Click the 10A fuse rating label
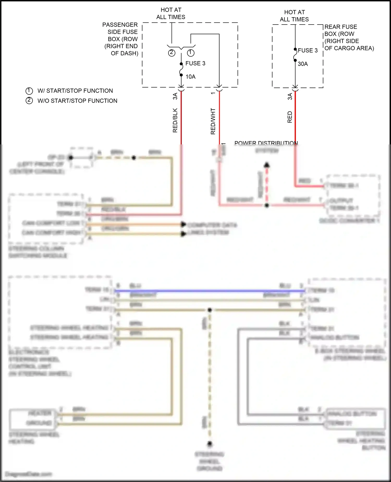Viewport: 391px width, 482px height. [x=190, y=77]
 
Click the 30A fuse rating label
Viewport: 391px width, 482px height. [x=303, y=64]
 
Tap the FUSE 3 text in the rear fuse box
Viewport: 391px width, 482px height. [x=308, y=50]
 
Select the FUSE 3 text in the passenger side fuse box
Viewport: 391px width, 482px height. [x=195, y=63]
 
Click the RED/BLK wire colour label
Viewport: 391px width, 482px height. [x=175, y=120]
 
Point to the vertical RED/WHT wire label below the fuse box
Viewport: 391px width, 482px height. [x=213, y=121]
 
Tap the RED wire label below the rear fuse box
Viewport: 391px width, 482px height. [x=290, y=117]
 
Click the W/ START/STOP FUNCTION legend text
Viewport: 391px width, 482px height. [x=75, y=91]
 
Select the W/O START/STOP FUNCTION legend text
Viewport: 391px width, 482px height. [x=77, y=101]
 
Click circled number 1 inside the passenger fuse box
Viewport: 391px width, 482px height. [x=191, y=53]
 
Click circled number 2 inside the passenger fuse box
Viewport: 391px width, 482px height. [x=172, y=53]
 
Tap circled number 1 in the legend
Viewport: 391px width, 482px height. [x=29, y=91]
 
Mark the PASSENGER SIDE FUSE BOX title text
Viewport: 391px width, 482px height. [x=121, y=39]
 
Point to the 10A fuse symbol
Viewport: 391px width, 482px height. [x=181, y=69]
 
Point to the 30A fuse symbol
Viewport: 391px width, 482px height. [x=295, y=55]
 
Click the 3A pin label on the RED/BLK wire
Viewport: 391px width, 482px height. [x=175, y=96]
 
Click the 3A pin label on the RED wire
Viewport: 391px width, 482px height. [x=290, y=96]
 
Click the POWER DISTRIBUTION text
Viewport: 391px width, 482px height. [x=266, y=143]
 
